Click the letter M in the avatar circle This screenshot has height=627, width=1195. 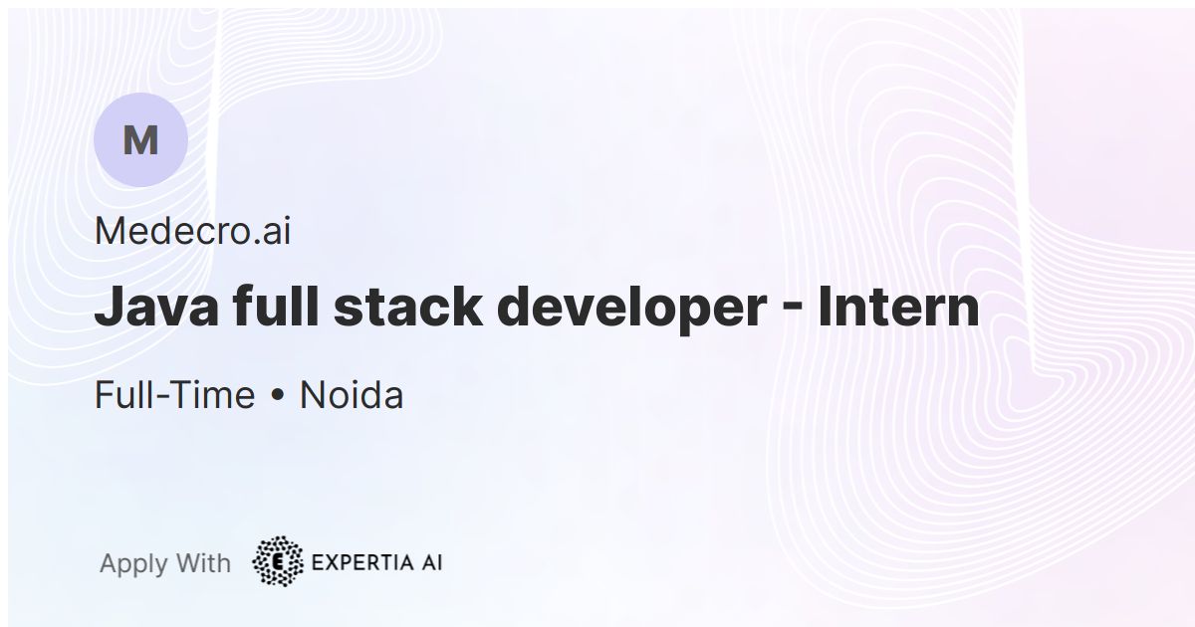point(140,140)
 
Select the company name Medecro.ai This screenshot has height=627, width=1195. point(192,232)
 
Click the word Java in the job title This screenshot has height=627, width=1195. point(156,308)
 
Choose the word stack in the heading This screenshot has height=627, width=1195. point(408,308)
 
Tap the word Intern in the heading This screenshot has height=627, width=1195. point(898,308)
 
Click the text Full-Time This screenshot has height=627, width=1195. point(174,395)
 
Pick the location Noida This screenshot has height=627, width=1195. point(352,395)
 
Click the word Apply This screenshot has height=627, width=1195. point(133,564)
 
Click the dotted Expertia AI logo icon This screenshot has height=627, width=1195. point(278,561)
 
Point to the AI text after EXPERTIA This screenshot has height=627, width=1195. point(429,562)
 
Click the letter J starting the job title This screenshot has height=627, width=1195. point(108,308)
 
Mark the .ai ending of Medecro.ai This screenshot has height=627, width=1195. point(270,232)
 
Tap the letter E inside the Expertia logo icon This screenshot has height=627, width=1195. point(278,562)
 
